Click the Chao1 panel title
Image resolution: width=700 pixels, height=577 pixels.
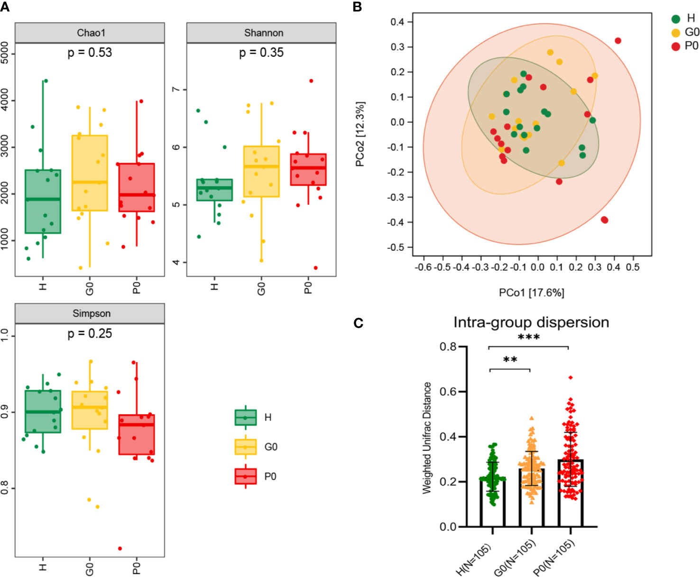(x=91, y=33)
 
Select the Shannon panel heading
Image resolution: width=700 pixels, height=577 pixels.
(x=264, y=33)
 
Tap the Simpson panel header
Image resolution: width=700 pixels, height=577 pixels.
(x=91, y=313)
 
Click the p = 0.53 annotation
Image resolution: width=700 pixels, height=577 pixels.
(x=90, y=52)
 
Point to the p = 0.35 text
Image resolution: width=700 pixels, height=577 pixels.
(x=261, y=52)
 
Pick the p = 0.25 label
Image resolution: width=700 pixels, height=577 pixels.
(x=90, y=333)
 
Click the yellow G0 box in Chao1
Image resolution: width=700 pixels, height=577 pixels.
(x=90, y=173)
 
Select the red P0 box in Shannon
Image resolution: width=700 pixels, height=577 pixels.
(x=308, y=169)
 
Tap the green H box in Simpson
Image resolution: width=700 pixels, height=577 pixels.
(x=43, y=412)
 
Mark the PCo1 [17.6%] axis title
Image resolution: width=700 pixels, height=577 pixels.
(x=531, y=293)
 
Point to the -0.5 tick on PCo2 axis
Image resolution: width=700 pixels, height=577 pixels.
(x=397, y=247)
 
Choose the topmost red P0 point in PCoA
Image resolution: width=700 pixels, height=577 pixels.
(x=618, y=41)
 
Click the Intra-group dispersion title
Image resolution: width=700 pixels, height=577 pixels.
(x=531, y=322)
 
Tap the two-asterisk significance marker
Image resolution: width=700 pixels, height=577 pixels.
(x=510, y=360)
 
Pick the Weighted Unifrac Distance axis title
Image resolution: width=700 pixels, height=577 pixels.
(x=427, y=438)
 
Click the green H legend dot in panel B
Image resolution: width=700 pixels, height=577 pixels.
(x=676, y=19)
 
